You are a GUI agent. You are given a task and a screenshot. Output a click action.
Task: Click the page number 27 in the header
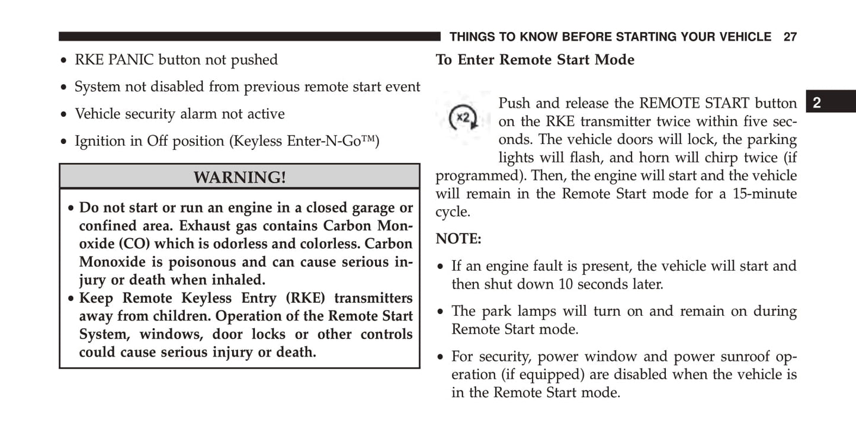pos(790,37)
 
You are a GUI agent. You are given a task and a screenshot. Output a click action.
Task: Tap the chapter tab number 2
pos(816,103)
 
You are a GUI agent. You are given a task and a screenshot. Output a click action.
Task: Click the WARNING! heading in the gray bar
pos(239,177)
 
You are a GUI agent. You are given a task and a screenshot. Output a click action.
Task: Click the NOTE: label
pos(459,239)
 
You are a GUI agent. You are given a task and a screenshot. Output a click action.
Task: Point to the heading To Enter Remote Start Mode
pos(535,60)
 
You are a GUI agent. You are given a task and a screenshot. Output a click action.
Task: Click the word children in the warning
pos(175,316)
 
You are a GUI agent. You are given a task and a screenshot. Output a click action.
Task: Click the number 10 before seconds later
pos(566,284)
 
